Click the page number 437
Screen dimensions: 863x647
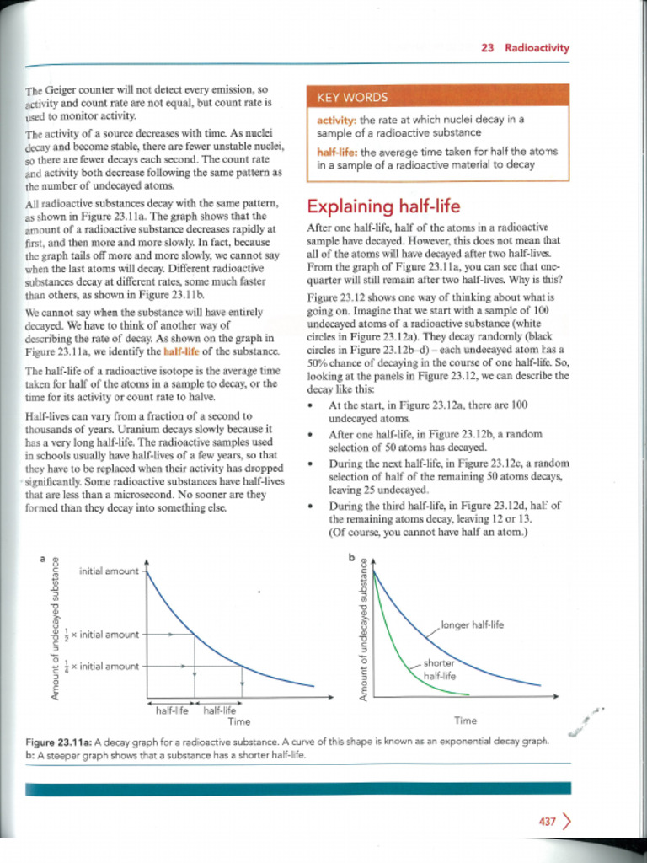[x=547, y=822]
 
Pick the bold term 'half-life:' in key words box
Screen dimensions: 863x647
[x=336, y=152]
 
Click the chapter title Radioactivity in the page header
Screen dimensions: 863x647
[x=537, y=48]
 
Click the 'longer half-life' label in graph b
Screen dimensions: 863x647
[x=472, y=625]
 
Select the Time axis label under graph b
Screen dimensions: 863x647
[x=465, y=721]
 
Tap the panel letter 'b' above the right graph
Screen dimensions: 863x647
[x=352, y=557]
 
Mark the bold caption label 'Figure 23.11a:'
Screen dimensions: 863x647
[x=59, y=742]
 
